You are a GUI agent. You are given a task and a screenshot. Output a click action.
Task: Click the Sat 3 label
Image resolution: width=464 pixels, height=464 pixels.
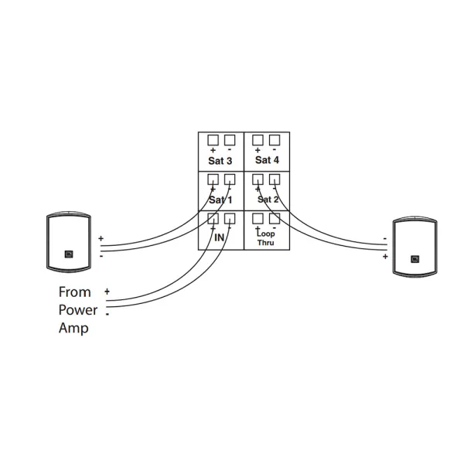pyautogui.click(x=220, y=161)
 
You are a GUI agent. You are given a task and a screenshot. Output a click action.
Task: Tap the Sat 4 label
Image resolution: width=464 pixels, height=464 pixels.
pyautogui.click(x=266, y=160)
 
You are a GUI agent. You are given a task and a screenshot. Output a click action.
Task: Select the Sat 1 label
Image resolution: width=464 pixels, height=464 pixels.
pyautogui.click(x=220, y=200)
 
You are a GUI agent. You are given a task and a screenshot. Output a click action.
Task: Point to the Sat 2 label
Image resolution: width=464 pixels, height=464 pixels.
pyautogui.click(x=267, y=199)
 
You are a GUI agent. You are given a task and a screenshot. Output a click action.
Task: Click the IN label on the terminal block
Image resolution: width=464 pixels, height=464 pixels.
pyautogui.click(x=220, y=239)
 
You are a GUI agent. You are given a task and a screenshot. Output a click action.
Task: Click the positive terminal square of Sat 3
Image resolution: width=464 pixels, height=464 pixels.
pyautogui.click(x=213, y=140)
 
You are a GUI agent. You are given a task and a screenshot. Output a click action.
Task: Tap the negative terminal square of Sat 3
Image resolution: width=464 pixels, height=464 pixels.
pyautogui.click(x=229, y=140)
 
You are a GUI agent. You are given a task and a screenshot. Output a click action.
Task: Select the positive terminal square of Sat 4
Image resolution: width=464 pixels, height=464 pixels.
pyautogui.click(x=258, y=140)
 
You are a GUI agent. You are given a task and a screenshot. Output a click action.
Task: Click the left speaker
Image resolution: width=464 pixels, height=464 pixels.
pyautogui.click(x=70, y=244)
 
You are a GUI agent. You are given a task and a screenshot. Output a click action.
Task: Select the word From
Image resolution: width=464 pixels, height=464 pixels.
pyautogui.click(x=74, y=292)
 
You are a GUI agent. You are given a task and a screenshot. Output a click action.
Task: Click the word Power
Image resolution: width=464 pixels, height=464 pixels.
pyautogui.click(x=77, y=310)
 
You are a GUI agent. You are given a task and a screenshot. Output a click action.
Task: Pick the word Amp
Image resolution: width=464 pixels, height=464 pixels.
pyautogui.click(x=73, y=329)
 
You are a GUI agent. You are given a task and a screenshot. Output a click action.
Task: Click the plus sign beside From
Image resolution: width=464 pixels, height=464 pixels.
pyautogui.click(x=107, y=292)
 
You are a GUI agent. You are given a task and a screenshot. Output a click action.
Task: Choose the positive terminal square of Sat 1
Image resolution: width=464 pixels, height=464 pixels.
pyautogui.click(x=213, y=179)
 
